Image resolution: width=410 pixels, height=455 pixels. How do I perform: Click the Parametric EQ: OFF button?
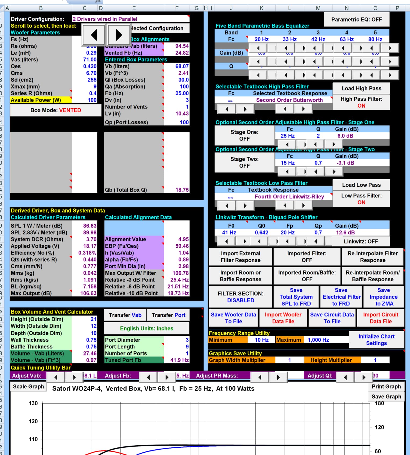pyautogui.click(x=356, y=19)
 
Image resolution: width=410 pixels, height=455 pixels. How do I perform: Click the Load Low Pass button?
pyautogui.click(x=361, y=185)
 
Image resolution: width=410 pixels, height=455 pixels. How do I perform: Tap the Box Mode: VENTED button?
pyautogui.click(x=56, y=110)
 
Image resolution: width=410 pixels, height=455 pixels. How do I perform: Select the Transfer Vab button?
pyautogui.click(x=125, y=315)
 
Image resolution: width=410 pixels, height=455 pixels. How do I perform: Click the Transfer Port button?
pyautogui.click(x=168, y=315)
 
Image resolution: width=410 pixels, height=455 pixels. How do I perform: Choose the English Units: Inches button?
pyautogui.click(x=147, y=329)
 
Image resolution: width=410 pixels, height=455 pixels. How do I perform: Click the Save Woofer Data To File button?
pyautogui.click(x=233, y=318)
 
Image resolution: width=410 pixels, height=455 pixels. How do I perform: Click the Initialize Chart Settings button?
pyautogui.click(x=376, y=340)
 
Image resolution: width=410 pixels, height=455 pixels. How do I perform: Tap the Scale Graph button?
pyautogui.click(x=28, y=387)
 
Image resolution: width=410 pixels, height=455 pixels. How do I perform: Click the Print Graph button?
pyautogui.click(x=386, y=387)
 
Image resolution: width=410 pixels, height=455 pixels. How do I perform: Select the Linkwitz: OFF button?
pyautogui.click(x=361, y=241)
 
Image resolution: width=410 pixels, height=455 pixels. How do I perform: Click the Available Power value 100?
pyautogui.click(x=92, y=100)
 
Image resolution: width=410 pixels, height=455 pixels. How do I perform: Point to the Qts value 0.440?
pyautogui.click(x=90, y=260)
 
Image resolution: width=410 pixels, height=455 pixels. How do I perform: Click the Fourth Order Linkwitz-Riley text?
pyautogui.click(x=289, y=197)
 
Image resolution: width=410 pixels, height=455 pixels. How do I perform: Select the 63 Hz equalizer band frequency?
pyautogui.click(x=347, y=39)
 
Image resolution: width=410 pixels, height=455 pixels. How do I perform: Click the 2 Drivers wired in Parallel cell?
pyautogui.click(x=130, y=19)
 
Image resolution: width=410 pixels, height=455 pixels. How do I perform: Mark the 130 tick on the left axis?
pyautogui.click(x=33, y=403)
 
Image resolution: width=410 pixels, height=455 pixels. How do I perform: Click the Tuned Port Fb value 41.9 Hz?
pyautogui.click(x=179, y=360)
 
